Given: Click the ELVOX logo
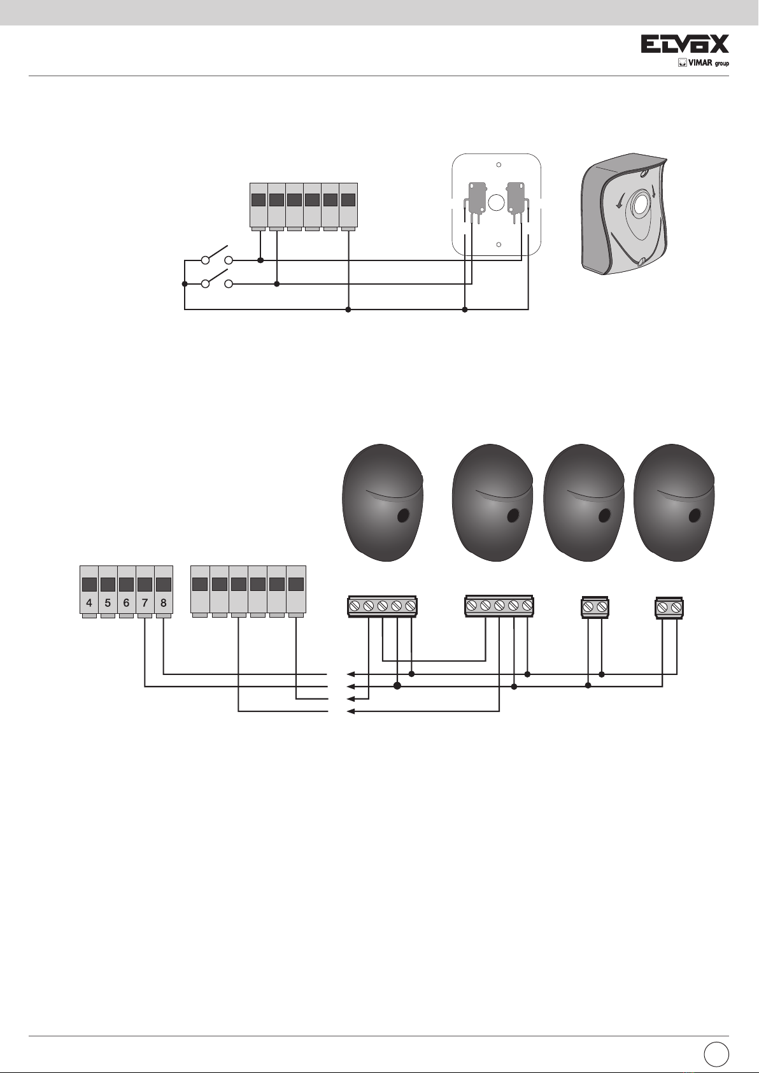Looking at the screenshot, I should point(685,45).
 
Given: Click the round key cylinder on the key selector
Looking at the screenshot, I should point(639,206).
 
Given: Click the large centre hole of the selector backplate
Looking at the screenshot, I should point(496,203).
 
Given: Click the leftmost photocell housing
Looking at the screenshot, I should point(383,503).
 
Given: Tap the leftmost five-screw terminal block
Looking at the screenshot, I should point(382,606).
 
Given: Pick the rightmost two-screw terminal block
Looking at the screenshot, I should point(669,608).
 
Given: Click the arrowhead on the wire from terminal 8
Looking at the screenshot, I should point(350,674).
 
